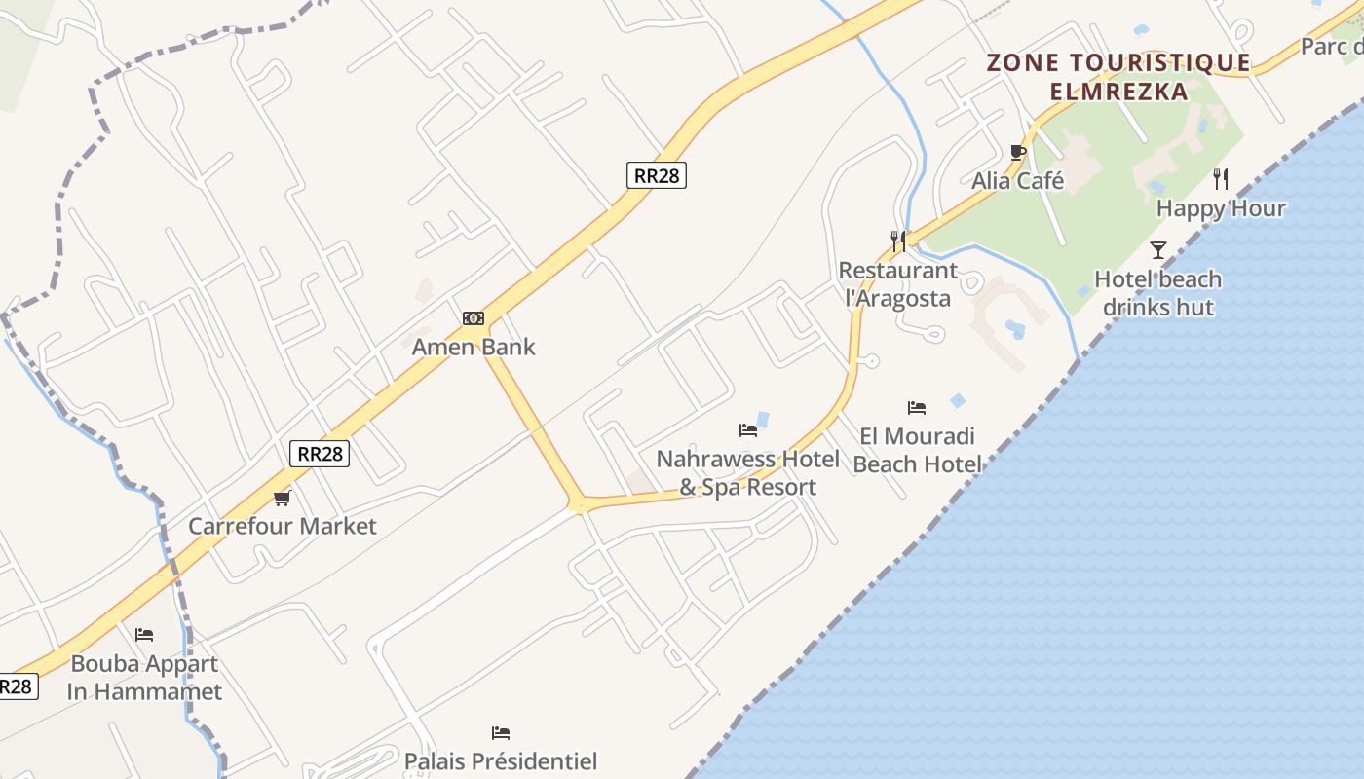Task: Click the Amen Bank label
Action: pos(474,347)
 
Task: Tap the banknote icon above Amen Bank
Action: pos(474,318)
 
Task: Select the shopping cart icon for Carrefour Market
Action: pos(283,499)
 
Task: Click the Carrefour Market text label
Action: pos(283,527)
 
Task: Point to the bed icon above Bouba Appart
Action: pos(144,635)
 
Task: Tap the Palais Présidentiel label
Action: pos(501,760)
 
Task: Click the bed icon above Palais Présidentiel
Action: pos(501,732)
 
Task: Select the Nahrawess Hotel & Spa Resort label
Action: pos(748,472)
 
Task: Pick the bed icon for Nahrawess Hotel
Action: pos(748,429)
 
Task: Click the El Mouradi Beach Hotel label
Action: pos(917,450)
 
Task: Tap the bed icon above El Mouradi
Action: pos(917,407)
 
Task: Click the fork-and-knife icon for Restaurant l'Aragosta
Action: pos(898,241)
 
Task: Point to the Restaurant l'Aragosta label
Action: pos(898,284)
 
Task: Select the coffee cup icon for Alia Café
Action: pos(1018,152)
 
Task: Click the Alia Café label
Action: pos(1018,181)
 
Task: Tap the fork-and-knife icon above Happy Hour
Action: pos(1221,179)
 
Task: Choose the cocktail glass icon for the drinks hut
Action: pos(1157,250)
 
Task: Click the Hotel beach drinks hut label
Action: pos(1157,293)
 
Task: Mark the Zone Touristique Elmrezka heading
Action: pos(1118,77)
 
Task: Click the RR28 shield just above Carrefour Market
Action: pos(320,454)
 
